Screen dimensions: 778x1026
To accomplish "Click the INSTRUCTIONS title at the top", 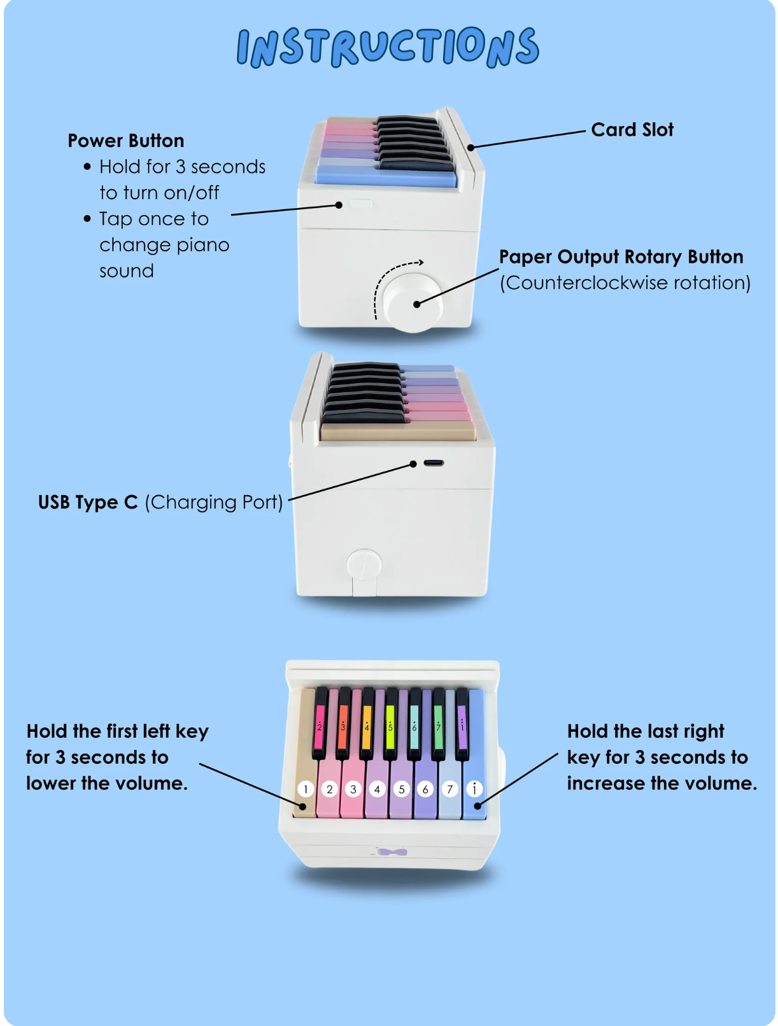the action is click(x=388, y=46).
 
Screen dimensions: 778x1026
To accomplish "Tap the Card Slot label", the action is click(x=632, y=129).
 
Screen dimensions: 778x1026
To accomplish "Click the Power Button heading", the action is click(x=126, y=141).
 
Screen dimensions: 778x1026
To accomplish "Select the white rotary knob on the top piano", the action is click(x=413, y=302).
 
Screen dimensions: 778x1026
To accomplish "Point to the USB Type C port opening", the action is click(x=434, y=463).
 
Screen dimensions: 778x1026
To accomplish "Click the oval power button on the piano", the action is click(x=360, y=203).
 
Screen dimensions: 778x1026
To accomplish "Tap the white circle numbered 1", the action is click(x=306, y=789).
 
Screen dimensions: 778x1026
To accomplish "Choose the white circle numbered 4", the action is click(x=377, y=789).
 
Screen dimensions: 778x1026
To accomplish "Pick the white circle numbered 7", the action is click(x=449, y=789).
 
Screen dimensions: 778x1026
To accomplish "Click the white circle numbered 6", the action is click(x=425, y=789).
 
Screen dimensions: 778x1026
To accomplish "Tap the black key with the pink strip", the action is click(x=320, y=722).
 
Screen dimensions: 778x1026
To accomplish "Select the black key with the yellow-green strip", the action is click(x=390, y=722).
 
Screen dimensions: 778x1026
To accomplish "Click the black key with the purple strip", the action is click(x=462, y=722).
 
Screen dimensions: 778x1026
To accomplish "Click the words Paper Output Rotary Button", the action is click(x=621, y=257).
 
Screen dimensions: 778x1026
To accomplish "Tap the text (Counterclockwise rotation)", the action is click(x=625, y=283).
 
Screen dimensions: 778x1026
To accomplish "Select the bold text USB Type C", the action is click(x=88, y=502).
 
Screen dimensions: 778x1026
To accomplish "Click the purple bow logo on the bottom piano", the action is click(x=392, y=852).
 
